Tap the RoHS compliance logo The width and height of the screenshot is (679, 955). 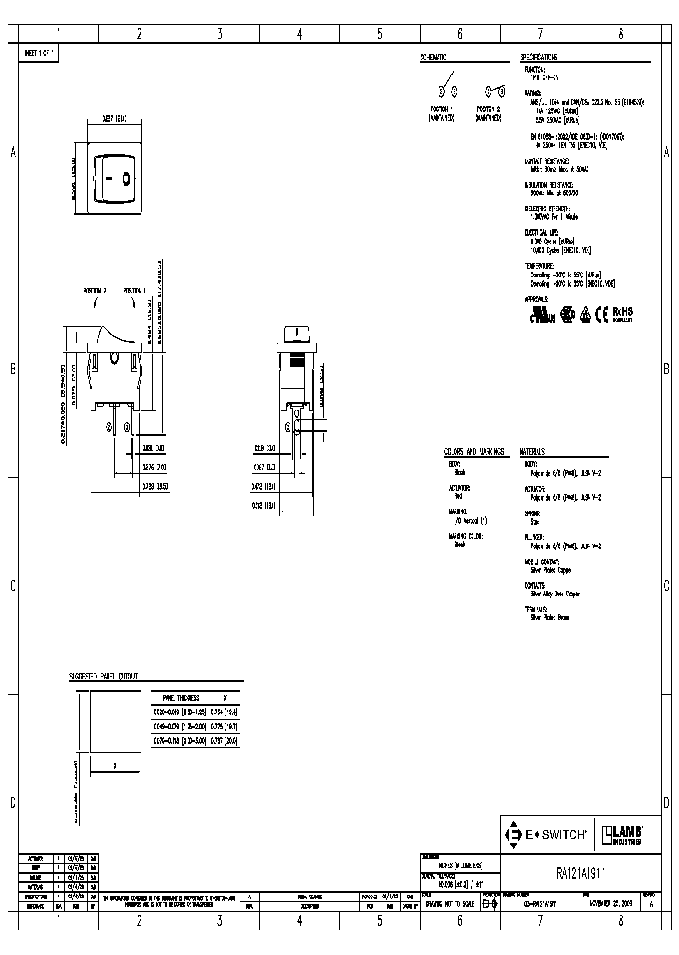[621, 312]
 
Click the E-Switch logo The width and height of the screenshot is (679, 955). [548, 834]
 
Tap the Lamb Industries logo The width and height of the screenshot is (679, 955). [622, 833]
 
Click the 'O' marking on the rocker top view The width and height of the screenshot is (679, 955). [124, 176]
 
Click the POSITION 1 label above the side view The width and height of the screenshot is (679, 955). [135, 292]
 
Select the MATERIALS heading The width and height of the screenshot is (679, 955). [536, 451]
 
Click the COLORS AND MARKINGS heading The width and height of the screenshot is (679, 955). [473, 451]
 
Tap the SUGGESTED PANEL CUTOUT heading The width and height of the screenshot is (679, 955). [104, 677]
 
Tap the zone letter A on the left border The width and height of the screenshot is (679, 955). [13, 152]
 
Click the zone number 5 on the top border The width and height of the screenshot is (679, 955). [380, 34]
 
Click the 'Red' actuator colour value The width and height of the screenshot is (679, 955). [458, 494]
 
